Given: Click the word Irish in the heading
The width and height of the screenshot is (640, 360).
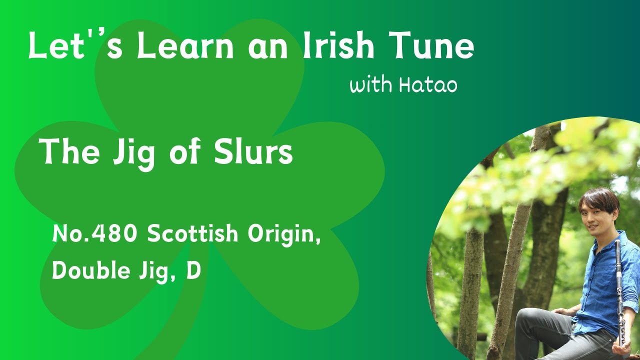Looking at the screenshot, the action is (x=338, y=45).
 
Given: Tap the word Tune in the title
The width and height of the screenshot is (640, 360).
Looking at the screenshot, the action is (x=434, y=45).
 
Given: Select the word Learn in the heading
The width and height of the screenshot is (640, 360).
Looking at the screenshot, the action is (x=185, y=45).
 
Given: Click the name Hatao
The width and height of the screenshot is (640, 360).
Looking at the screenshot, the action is (x=428, y=85).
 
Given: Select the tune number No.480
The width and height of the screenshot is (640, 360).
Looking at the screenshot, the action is (x=94, y=233).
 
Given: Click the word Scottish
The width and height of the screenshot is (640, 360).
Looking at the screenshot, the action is (x=192, y=233).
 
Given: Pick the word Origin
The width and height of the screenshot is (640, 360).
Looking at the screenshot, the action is (x=284, y=235).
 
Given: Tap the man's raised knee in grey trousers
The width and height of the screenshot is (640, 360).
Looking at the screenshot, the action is (x=528, y=317).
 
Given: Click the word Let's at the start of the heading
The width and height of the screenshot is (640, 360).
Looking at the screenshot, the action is (x=75, y=45).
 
